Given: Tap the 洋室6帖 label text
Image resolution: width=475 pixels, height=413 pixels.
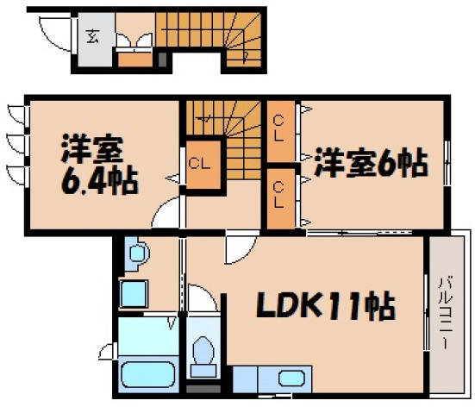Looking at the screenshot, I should pyautogui.click(x=370, y=163).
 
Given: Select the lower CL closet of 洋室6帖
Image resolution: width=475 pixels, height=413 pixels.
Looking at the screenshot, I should pyautogui.click(x=279, y=195).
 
